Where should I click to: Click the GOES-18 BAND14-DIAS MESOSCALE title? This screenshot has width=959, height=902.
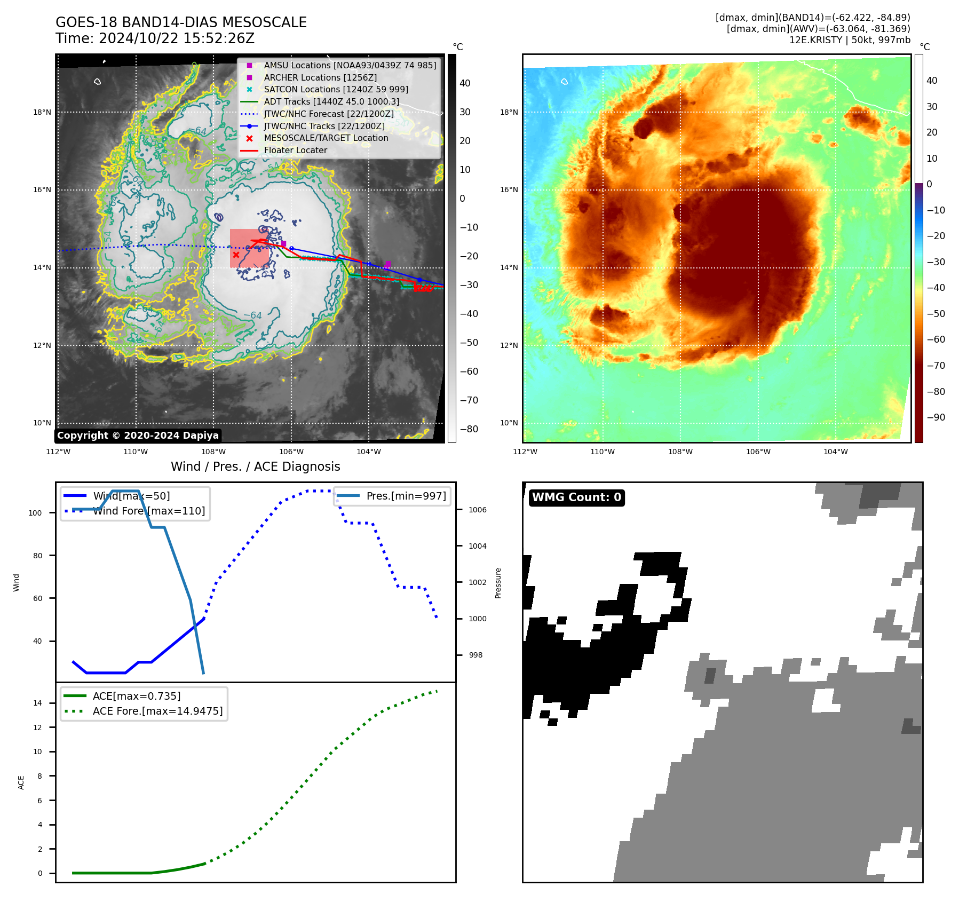[181, 22]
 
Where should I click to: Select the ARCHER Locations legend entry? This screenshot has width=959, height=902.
[320, 77]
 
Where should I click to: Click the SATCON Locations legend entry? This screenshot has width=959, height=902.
[336, 90]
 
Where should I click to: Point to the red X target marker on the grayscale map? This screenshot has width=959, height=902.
[236, 255]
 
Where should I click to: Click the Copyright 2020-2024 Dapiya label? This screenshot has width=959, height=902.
[138, 436]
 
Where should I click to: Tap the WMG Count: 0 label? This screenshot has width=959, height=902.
[576, 497]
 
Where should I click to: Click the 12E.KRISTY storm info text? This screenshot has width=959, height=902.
[850, 40]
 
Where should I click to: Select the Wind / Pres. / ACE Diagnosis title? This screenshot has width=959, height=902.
[255, 466]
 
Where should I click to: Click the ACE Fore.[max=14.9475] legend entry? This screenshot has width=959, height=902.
[157, 711]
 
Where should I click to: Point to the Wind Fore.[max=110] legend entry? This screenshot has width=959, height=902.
[149, 511]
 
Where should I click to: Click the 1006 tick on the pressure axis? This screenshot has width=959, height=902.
[477, 510]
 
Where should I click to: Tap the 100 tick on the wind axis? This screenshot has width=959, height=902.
[35, 513]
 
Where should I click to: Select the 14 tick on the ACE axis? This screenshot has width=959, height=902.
[37, 703]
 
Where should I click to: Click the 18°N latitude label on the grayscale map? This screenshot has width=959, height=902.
[42, 112]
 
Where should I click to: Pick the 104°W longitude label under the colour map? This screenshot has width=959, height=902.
[835, 452]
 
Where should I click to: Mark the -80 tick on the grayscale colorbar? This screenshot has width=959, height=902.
[469, 429]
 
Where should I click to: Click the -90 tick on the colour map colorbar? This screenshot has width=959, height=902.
[936, 417]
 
